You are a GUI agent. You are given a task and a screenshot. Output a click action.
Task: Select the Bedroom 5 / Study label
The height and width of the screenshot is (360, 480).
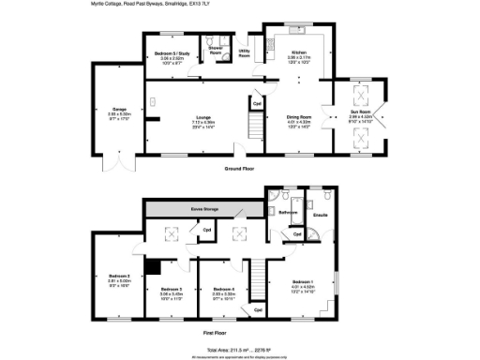[x=168, y=53]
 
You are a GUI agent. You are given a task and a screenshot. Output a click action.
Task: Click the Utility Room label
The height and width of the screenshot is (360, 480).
[x=244, y=54]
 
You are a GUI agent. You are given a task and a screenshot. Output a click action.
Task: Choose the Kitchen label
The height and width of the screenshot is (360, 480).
[x=298, y=53]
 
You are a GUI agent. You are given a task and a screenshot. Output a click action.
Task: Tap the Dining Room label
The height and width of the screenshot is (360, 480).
[x=298, y=117]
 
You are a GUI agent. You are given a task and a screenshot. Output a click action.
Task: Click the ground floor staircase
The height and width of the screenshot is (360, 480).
[x=254, y=122]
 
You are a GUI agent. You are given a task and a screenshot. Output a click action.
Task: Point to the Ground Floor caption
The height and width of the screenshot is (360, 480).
[x=240, y=169]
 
